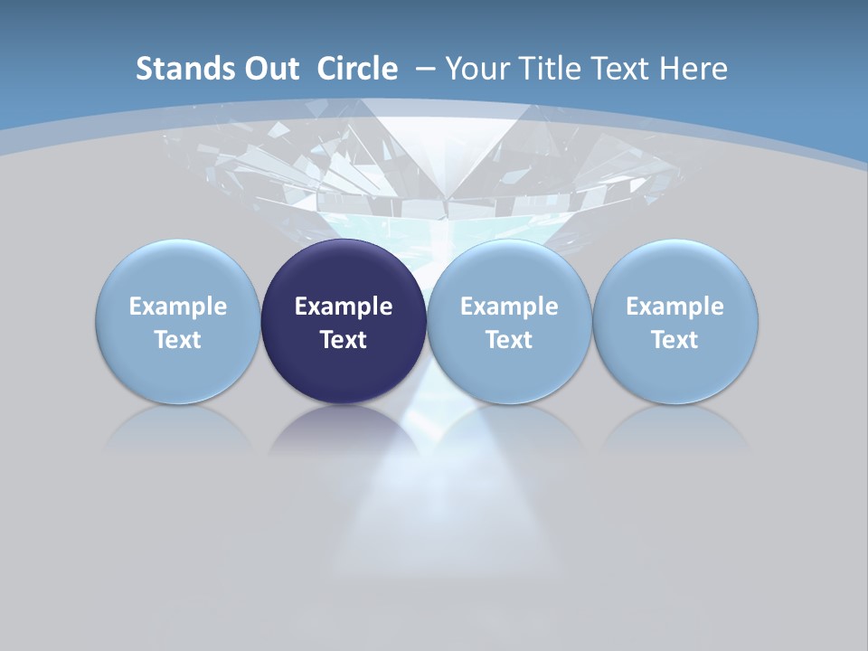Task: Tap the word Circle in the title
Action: point(357,69)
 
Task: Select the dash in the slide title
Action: point(426,69)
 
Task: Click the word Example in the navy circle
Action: point(344,307)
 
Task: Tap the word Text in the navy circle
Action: point(344,340)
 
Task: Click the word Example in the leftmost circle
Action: point(177,307)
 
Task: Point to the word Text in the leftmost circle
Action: point(177,340)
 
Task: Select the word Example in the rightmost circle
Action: point(675,307)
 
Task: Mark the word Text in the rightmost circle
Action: point(675,340)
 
